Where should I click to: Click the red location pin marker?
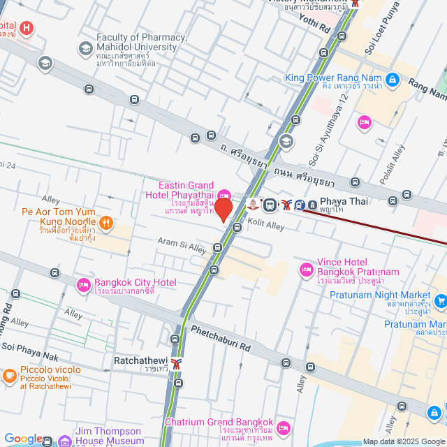click(x=223, y=210)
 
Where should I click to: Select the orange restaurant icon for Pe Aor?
click(x=105, y=223)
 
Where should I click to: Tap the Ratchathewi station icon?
click(x=177, y=362)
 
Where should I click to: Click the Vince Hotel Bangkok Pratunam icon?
click(x=306, y=269)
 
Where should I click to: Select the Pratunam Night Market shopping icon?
click(x=440, y=301)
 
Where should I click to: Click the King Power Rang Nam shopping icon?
click(x=393, y=80)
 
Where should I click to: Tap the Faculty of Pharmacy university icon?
click(x=85, y=48)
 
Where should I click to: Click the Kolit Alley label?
click(x=266, y=226)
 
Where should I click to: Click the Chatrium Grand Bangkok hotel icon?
click(x=284, y=427)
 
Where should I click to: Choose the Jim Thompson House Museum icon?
click(x=64, y=441)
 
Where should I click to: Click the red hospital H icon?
click(x=26, y=29)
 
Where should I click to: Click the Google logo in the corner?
click(x=23, y=439)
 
